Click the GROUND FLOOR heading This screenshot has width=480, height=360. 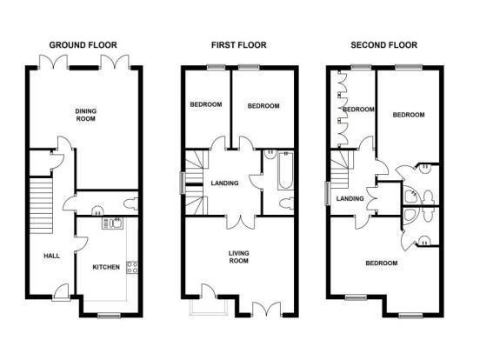click(83, 45)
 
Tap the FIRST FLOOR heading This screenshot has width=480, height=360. click(239, 45)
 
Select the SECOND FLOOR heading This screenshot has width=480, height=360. click(383, 45)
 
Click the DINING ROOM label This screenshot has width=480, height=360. click(86, 115)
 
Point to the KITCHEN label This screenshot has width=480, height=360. click(106, 267)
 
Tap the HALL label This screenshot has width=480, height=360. click(51, 256)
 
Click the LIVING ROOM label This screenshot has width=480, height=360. click(239, 257)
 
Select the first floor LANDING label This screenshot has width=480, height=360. click(224, 183)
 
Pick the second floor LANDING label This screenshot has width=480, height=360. click(350, 198)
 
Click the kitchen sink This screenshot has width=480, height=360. click(113, 223)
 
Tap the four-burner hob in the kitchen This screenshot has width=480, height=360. click(132, 267)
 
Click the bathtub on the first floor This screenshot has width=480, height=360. click(285, 170)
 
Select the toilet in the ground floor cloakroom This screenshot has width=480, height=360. click(131, 203)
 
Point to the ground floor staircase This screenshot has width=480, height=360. click(42, 205)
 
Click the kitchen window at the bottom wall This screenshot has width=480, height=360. click(109, 316)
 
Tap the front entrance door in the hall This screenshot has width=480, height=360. click(61, 292)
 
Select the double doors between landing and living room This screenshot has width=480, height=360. click(241, 223)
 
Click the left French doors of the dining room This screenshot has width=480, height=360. click(54, 62)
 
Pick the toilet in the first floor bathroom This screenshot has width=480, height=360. click(287, 203)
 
